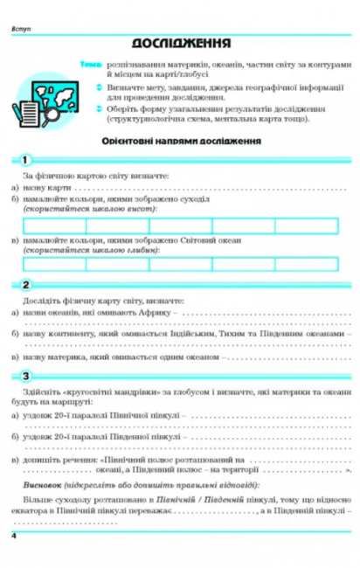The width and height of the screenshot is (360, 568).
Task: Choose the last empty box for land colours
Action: [306, 225]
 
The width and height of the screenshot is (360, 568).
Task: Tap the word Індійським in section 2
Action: [198, 334]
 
